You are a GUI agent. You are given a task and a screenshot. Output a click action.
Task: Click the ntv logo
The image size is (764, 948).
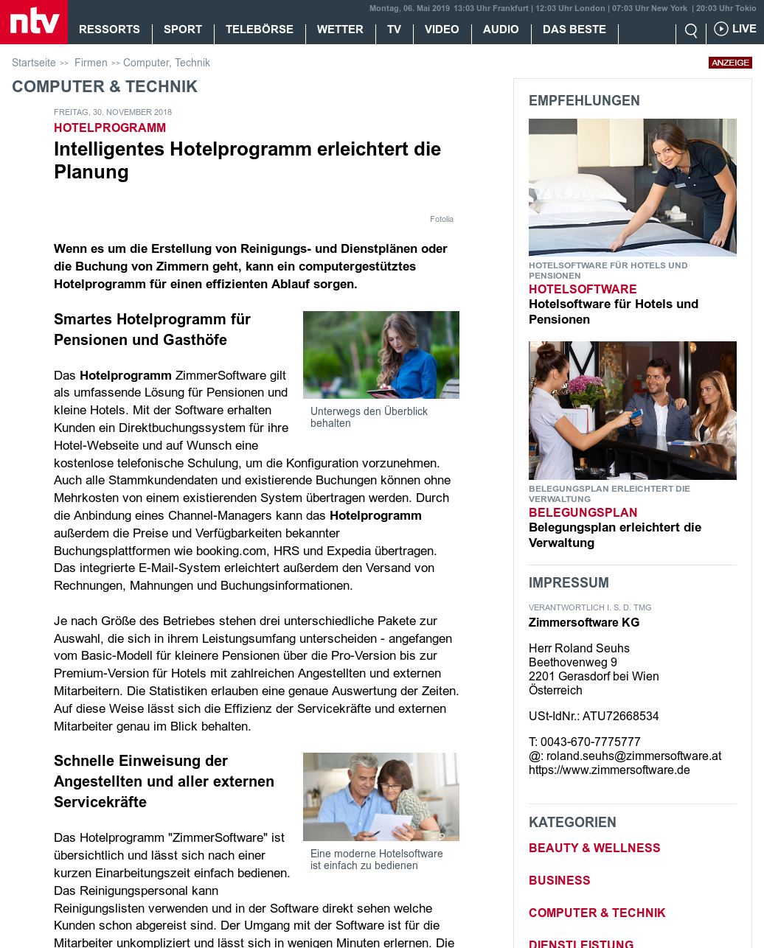coord(34,21)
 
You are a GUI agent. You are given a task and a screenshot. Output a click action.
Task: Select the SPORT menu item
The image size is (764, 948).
coord(183,29)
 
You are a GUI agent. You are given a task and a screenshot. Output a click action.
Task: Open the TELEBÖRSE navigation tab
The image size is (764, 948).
coord(260,29)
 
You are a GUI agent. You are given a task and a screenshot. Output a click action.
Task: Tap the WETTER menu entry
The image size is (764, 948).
coord(340,29)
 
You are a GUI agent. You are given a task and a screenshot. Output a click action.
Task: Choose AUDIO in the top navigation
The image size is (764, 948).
coord(501,29)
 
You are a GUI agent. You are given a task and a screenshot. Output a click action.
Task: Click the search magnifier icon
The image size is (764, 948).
coord(691,30)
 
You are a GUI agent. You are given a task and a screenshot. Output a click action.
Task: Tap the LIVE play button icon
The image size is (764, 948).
coord(721,29)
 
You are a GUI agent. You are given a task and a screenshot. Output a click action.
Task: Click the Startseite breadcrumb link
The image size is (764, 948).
coord(34,63)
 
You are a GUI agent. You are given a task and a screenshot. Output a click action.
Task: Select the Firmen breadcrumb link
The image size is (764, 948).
coord(91,63)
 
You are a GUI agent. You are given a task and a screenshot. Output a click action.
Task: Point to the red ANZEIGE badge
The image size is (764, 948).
coord(730,63)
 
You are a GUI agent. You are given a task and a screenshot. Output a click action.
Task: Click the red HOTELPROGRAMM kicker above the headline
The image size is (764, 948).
coord(110,128)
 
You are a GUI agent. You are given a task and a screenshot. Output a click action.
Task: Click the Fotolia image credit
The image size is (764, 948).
coord(442,219)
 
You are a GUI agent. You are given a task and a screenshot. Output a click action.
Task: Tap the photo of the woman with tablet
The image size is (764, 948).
coord(381,355)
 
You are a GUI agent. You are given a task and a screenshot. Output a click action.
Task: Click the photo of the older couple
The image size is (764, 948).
coord(381,796)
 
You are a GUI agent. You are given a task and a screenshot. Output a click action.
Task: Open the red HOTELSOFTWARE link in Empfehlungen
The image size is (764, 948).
coord(583,289)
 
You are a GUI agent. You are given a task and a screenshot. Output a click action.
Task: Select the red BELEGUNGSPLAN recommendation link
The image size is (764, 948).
coord(583,512)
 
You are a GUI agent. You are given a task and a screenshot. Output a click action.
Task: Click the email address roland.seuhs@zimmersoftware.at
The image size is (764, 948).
coord(633,756)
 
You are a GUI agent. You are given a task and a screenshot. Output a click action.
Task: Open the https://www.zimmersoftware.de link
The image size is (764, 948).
coord(609,770)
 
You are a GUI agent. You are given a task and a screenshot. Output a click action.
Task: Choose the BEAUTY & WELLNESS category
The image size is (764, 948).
coord(594,848)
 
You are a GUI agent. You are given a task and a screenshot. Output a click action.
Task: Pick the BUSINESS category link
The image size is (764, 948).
coord(560,880)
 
